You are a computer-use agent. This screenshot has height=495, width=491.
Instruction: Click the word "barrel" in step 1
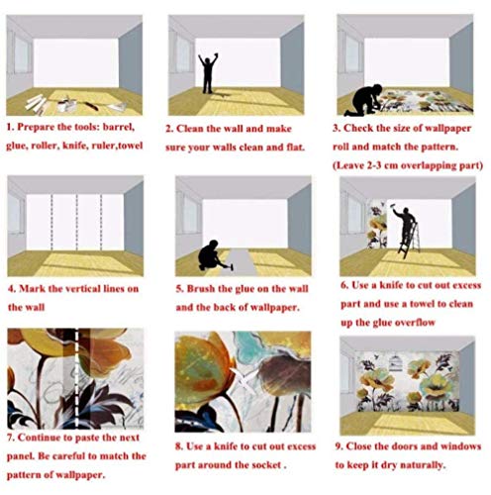(x=119, y=127)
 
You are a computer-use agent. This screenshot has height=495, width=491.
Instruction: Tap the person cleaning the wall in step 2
(x=208, y=73)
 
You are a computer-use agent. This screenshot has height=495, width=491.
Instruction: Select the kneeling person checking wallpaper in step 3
(x=364, y=100)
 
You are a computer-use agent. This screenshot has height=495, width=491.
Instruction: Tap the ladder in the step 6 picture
(x=409, y=240)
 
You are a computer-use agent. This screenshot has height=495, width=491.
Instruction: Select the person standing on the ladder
(x=405, y=225)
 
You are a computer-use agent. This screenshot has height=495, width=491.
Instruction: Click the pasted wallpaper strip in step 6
(x=377, y=224)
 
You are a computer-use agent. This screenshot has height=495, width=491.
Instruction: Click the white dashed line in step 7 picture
(x=77, y=378)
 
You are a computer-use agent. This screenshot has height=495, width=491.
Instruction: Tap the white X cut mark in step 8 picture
(x=245, y=378)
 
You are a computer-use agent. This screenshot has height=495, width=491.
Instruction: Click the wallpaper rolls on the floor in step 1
(x=36, y=103)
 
